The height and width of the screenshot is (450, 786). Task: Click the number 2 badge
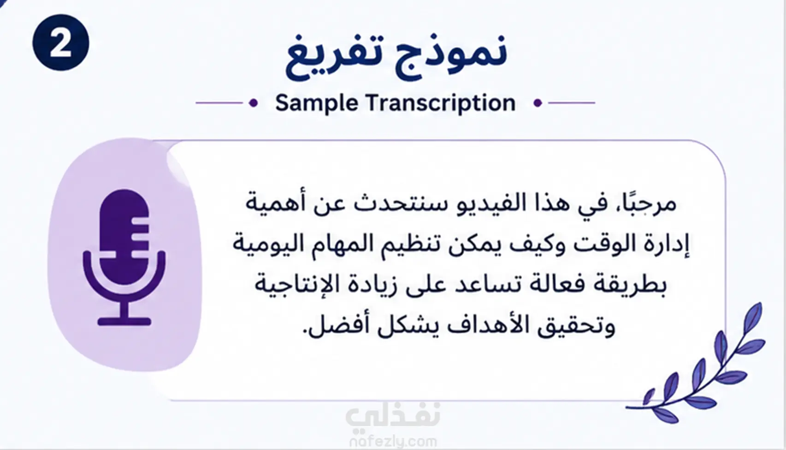tap(61, 42)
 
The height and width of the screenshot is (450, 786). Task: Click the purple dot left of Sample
tap(254, 103)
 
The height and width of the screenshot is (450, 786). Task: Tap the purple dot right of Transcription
tap(538, 103)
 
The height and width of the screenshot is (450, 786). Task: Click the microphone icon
tap(124, 257)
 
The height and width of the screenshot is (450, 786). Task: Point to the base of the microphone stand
tap(124, 321)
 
